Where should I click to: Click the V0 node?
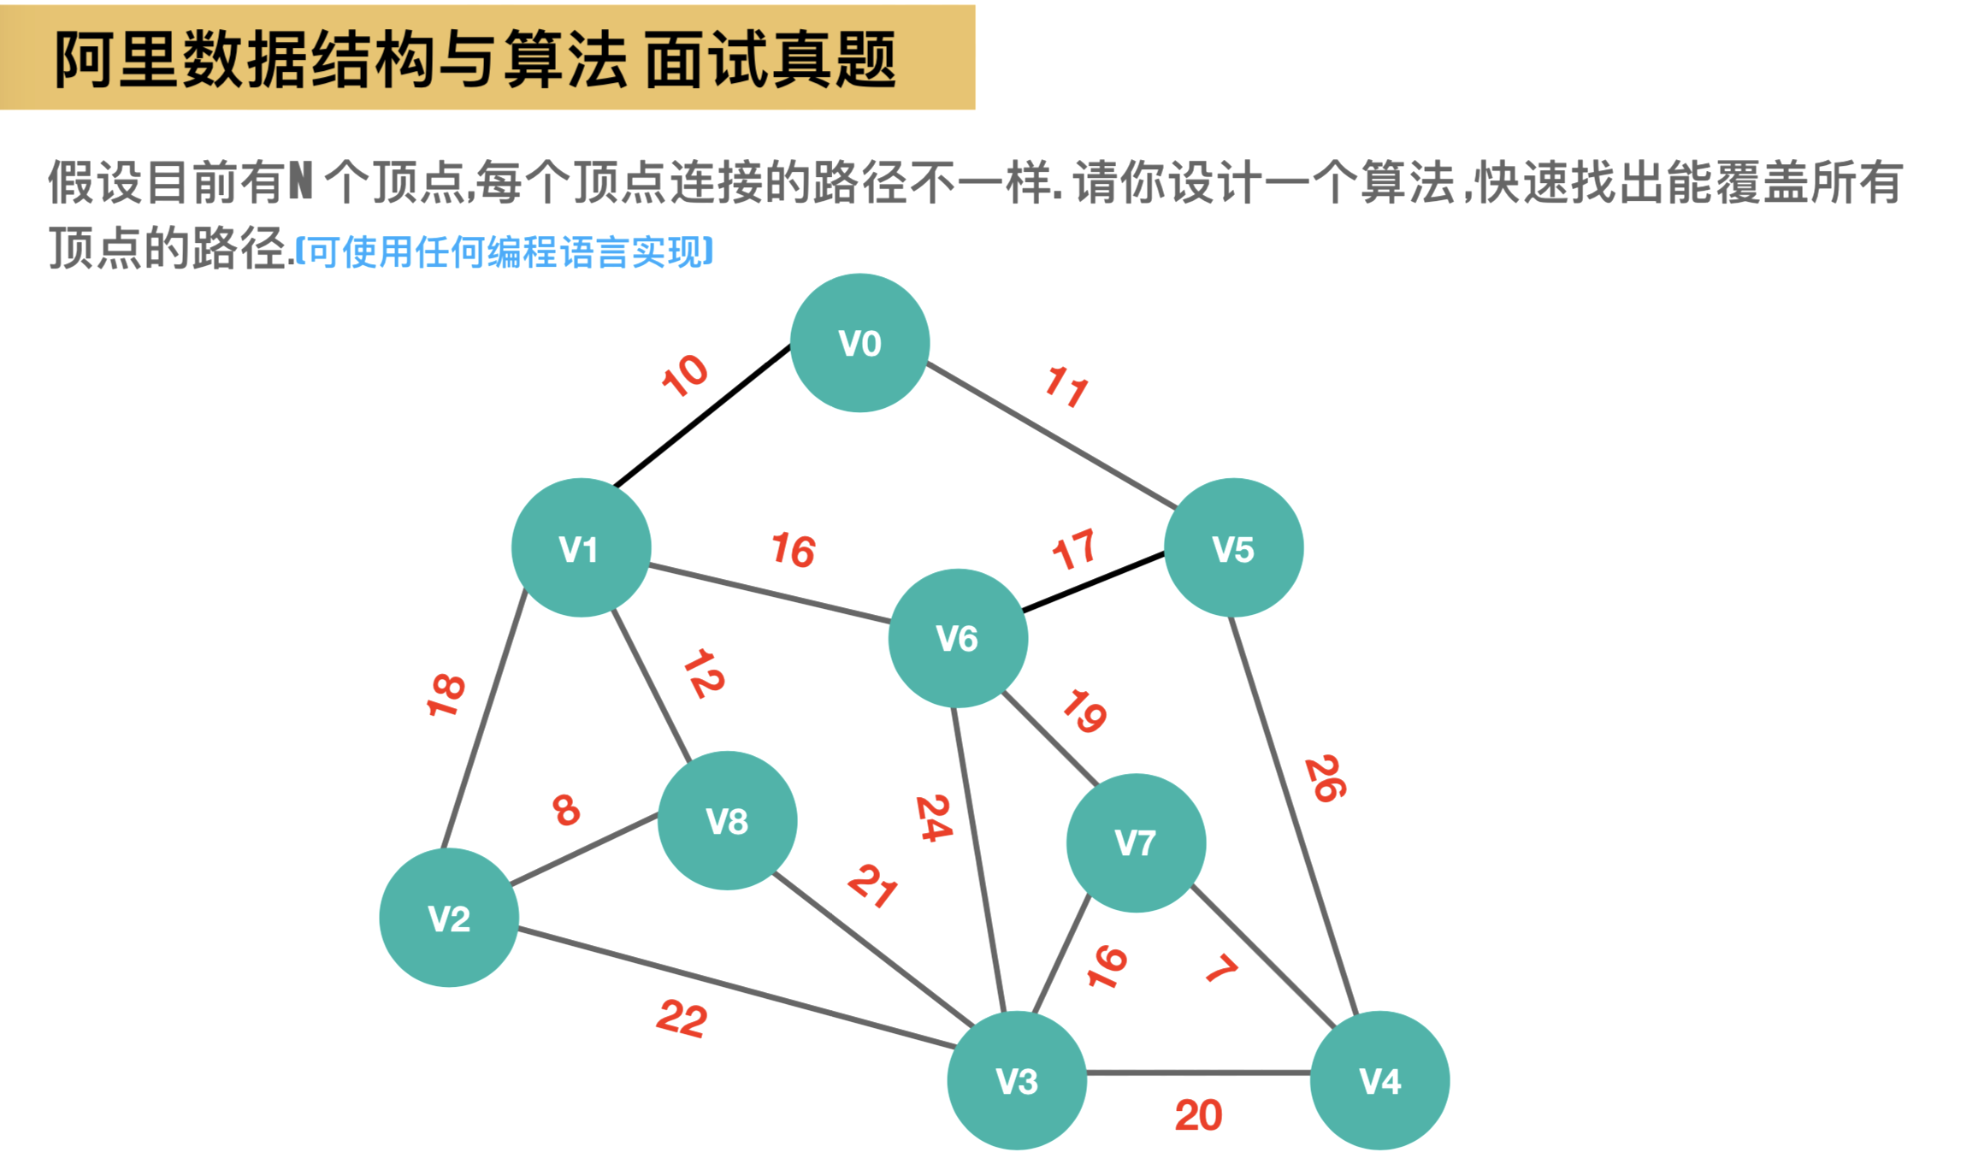[x=859, y=343]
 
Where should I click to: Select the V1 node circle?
[x=581, y=547]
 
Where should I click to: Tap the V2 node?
[x=449, y=918]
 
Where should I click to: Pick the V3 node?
[x=1017, y=1080]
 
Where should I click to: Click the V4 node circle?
[x=1379, y=1080]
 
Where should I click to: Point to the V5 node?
[x=1233, y=547]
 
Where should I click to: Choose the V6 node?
[x=958, y=638]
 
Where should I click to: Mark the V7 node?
[x=1136, y=842]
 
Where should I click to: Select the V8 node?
[x=727, y=821]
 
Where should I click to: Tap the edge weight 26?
[x=1326, y=778]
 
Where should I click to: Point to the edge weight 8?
[x=566, y=809]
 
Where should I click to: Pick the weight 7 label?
[x=1221, y=968]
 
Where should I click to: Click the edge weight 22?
[x=682, y=1018]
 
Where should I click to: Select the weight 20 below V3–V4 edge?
[x=1198, y=1115]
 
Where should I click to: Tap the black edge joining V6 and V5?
[x=1093, y=582]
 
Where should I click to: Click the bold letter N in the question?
[x=300, y=181]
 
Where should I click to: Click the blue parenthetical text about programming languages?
[x=505, y=252]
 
